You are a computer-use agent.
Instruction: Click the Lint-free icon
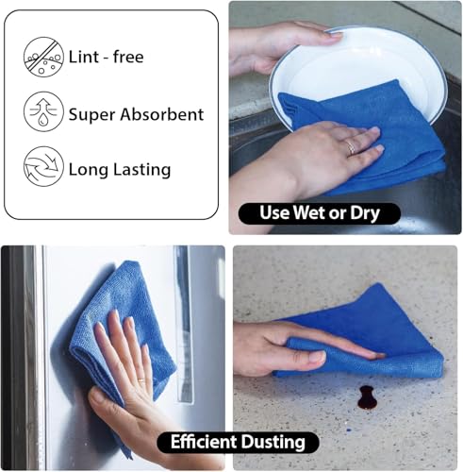coord(43,57)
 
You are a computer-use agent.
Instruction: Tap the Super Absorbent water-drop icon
coord(43,111)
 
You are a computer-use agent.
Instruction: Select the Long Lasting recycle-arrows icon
coord(43,166)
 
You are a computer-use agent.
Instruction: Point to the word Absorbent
coord(162,114)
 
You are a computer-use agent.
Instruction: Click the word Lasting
coord(141,170)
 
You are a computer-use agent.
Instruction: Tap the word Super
coord(92,115)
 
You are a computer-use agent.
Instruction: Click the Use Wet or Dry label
coord(320,213)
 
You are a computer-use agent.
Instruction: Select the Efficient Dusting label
coord(238,442)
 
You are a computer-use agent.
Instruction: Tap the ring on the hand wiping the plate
coord(351,147)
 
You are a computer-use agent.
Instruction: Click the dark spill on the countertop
coord(367,397)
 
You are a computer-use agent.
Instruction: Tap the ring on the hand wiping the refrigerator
coord(141,380)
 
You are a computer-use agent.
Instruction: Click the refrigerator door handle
coord(184,324)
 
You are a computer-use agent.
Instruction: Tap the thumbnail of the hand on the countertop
coord(317,357)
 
